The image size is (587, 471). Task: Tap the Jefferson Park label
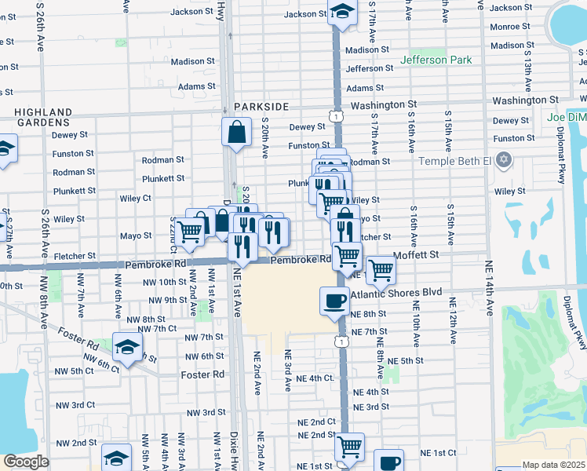(436, 60)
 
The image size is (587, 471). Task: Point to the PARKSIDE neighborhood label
(261, 106)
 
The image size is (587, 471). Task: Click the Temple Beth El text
(454, 161)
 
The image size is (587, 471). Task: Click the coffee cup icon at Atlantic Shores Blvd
(335, 301)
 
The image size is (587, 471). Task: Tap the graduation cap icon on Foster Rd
(128, 345)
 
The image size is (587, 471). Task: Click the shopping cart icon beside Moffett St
(381, 270)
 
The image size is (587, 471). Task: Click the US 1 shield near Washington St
(336, 116)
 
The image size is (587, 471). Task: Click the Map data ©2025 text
(553, 465)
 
